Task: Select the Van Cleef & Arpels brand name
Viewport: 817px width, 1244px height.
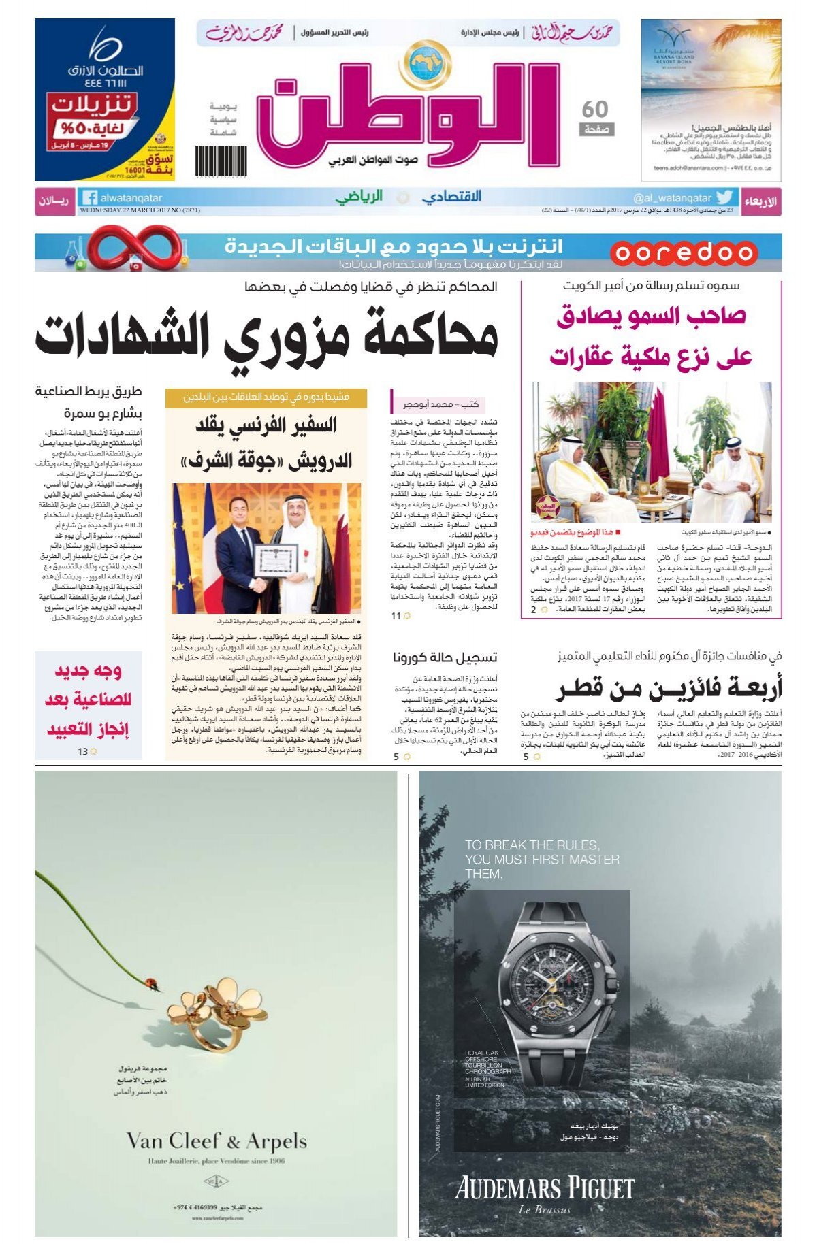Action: pyautogui.click(x=217, y=1141)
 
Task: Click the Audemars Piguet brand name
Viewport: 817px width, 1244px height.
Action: pyautogui.click(x=544, y=1188)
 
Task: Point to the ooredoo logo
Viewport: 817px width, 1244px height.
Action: pyautogui.click(x=683, y=252)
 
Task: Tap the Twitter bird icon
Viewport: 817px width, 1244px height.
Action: pyautogui.click(x=724, y=197)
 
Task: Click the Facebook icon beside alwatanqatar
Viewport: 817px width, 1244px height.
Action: pyautogui.click(x=89, y=198)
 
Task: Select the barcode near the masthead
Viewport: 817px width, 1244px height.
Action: pyautogui.click(x=212, y=161)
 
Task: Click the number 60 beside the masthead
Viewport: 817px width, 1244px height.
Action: pyautogui.click(x=595, y=109)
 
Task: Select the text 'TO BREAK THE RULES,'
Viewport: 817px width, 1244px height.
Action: pyautogui.click(x=532, y=845)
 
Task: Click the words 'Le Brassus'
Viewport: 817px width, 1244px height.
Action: pyautogui.click(x=544, y=1209)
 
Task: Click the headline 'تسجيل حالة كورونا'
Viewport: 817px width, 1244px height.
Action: pyautogui.click(x=445, y=657)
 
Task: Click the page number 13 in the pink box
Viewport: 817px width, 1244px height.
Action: pyautogui.click(x=82, y=751)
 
